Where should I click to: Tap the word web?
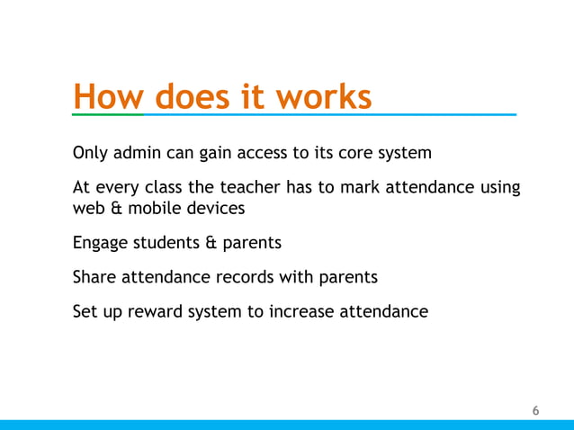[x=88, y=208]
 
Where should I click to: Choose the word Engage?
[x=99, y=243]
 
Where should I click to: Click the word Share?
[x=93, y=277]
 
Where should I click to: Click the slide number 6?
[x=536, y=411]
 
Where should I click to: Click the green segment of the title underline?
[x=108, y=115]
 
